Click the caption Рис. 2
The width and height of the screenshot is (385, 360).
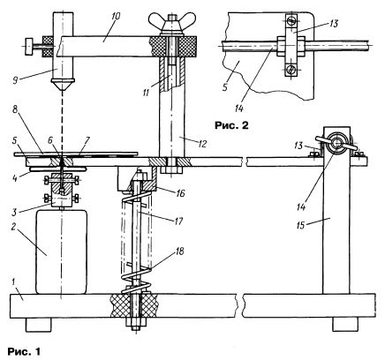tap(231, 125)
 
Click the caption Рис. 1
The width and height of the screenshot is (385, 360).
tap(24, 351)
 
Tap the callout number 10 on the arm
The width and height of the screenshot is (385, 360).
tap(116, 17)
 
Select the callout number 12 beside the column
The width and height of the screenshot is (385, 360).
tap(202, 144)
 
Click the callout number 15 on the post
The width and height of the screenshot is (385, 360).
tap(300, 225)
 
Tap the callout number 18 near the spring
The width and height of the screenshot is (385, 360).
tap(179, 251)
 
